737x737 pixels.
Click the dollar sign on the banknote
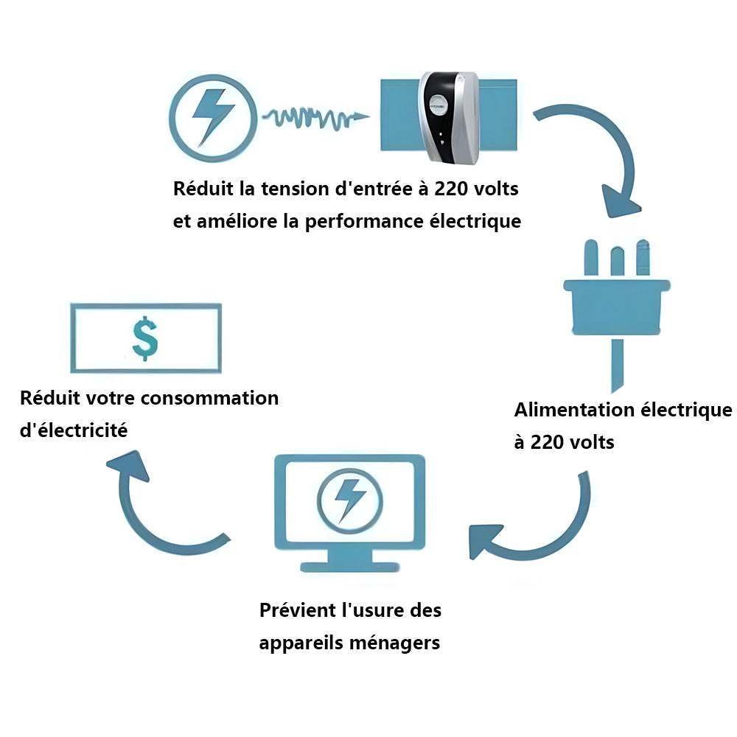(145, 338)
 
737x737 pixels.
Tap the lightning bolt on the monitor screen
(350, 498)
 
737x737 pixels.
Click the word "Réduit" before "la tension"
(204, 189)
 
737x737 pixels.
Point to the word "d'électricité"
(74, 430)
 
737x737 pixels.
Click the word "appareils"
(302, 643)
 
